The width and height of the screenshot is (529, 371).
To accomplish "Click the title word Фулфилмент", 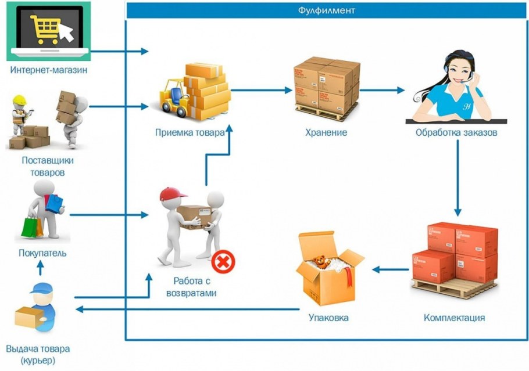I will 327,10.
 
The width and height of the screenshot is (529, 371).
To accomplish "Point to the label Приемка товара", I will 190,132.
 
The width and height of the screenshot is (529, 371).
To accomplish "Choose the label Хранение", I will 326,132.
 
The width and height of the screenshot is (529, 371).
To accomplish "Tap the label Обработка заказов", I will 456,132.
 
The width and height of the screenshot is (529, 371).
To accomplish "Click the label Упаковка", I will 328,318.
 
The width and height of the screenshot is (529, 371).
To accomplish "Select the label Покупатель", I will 42,253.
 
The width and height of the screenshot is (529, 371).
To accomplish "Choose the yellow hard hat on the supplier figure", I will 20,99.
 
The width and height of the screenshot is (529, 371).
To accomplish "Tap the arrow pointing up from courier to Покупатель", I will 40,268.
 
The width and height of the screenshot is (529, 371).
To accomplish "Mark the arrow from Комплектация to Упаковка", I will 389,269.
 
